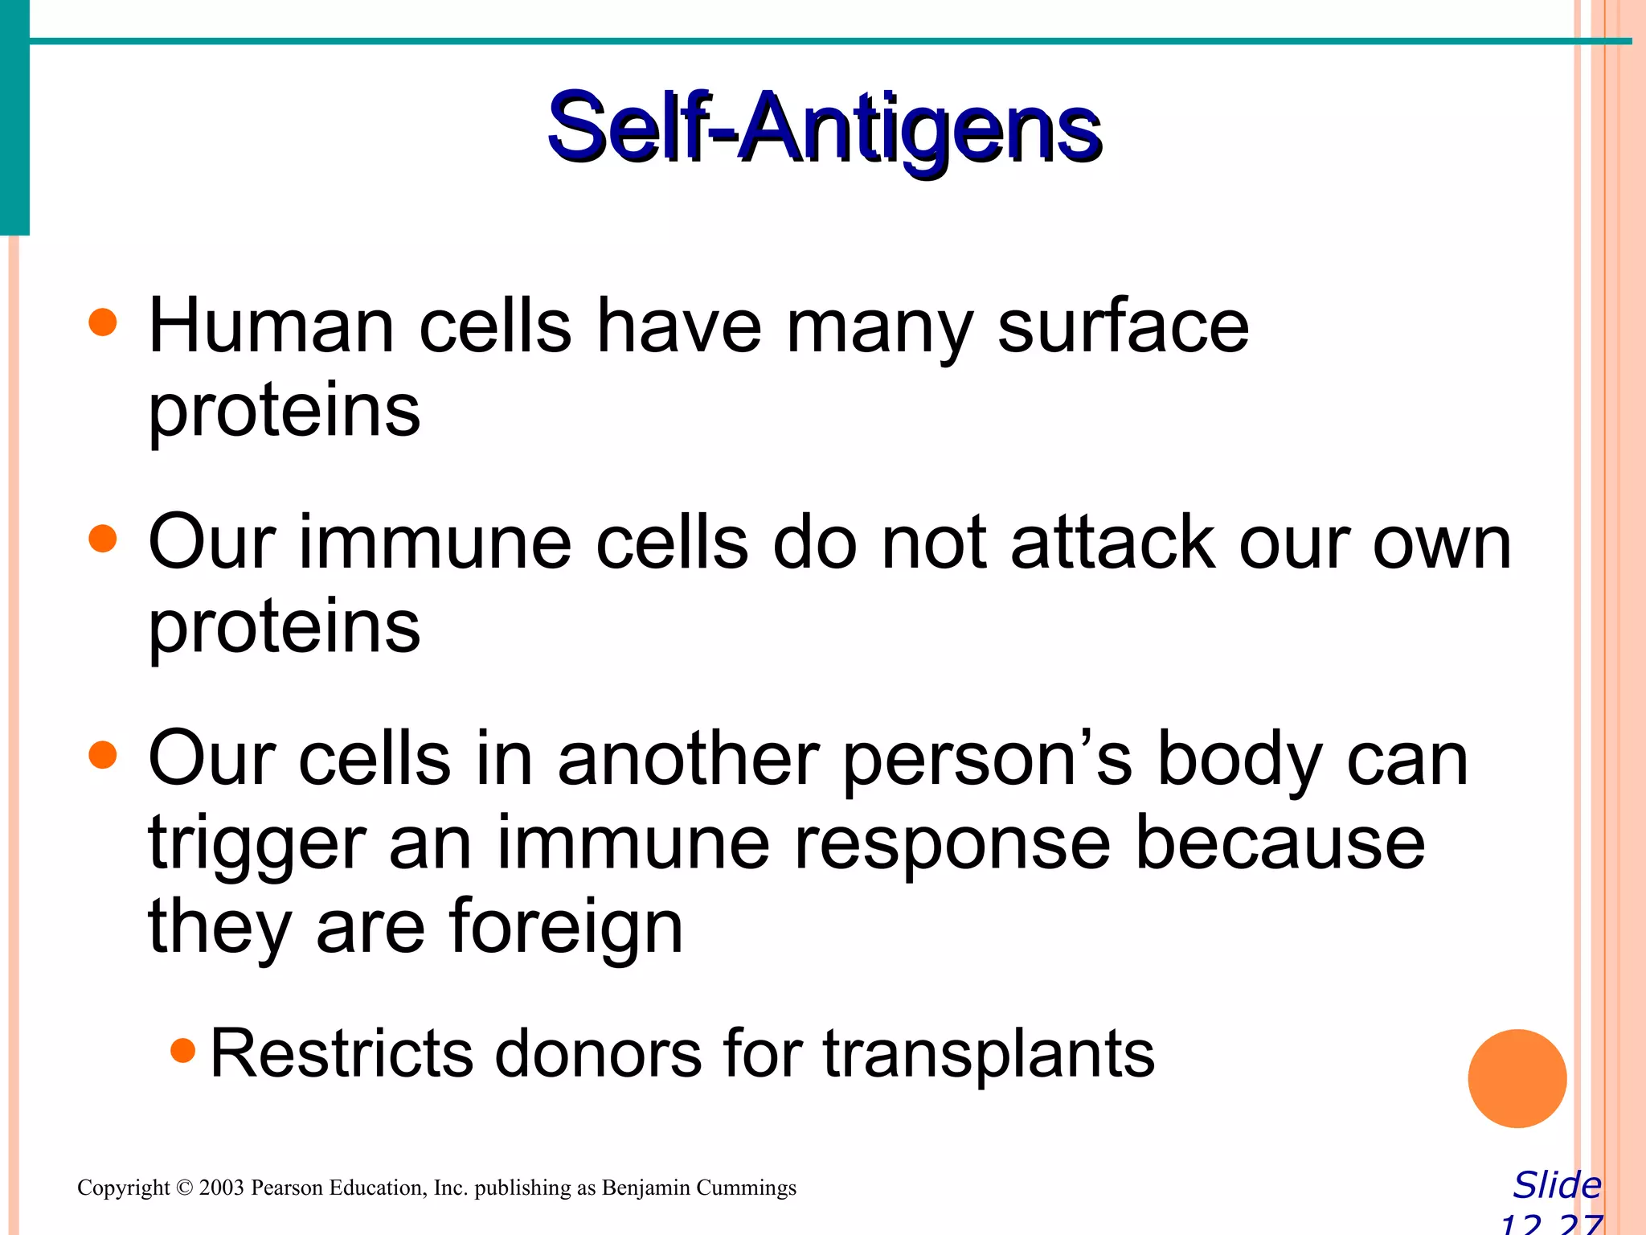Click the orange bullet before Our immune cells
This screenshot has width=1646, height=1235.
pyautogui.click(x=103, y=539)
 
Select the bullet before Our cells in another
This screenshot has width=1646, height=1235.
pyautogui.click(x=103, y=755)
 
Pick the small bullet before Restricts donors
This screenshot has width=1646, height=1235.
pyautogui.click(x=183, y=1050)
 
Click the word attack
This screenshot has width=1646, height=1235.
pyautogui.click(x=1112, y=543)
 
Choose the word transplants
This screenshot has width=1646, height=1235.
pyautogui.click(x=989, y=1055)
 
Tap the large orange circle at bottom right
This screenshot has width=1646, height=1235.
pyautogui.click(x=1517, y=1078)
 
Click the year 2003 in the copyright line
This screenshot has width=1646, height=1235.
pyautogui.click(x=221, y=1188)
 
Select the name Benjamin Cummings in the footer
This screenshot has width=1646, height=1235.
pyautogui.click(x=698, y=1188)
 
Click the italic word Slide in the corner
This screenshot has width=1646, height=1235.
pyautogui.click(x=1557, y=1185)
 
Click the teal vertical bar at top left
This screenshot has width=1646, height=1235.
pyautogui.click(x=14, y=117)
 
